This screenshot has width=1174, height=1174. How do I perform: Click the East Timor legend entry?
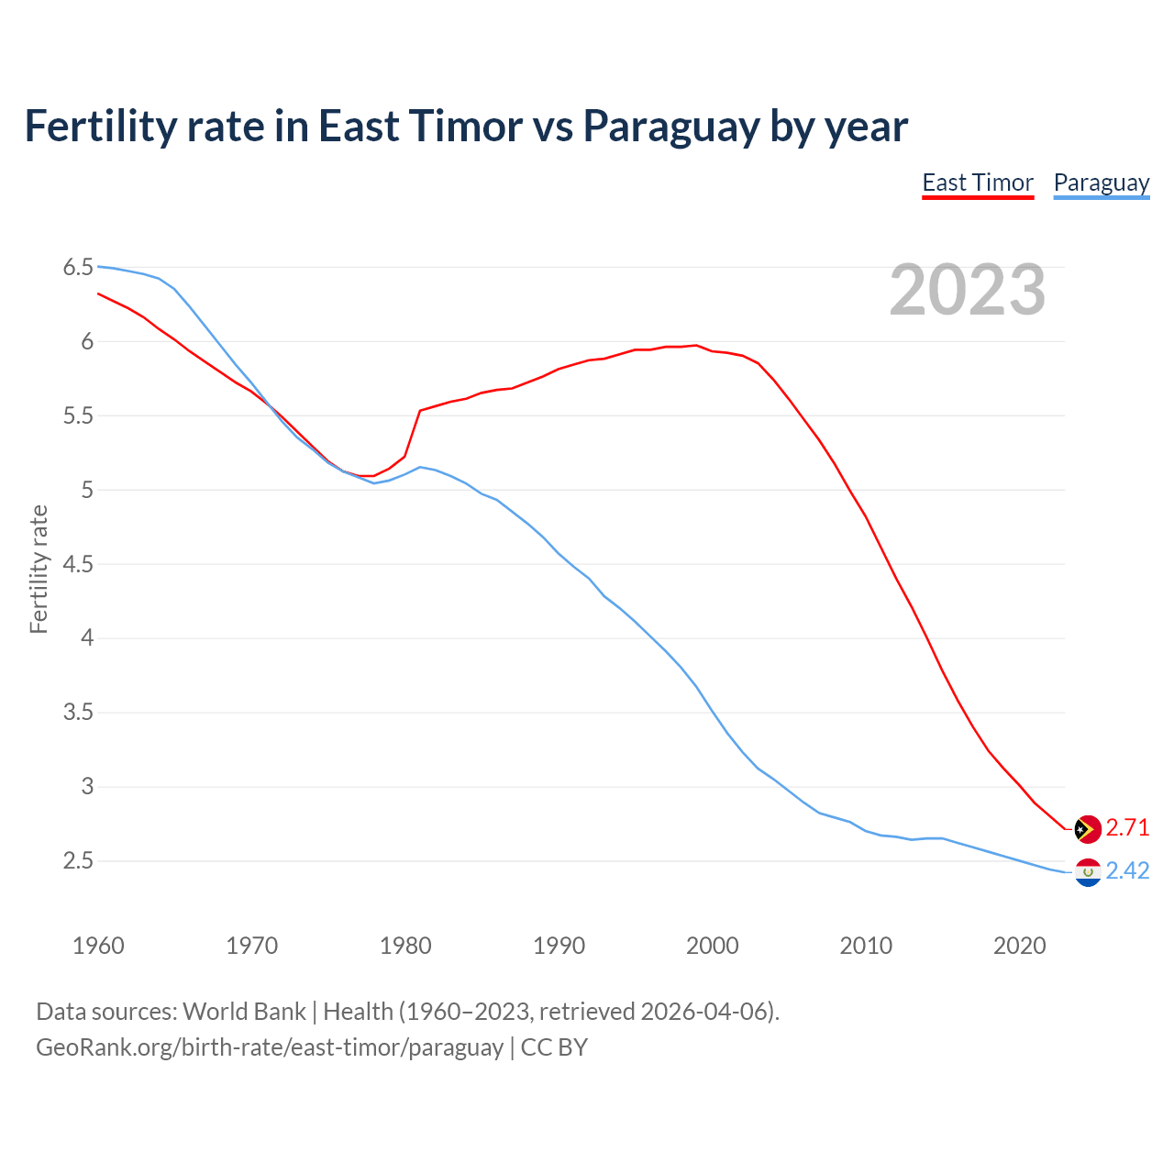[x=978, y=183]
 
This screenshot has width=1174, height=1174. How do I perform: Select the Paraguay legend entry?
[x=1101, y=183]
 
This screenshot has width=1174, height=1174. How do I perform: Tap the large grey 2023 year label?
[x=967, y=290]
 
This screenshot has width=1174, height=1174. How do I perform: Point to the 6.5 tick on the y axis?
[x=78, y=268]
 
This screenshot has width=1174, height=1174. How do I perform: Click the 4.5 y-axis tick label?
[x=78, y=564]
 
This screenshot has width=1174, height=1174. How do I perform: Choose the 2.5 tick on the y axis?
[x=78, y=860]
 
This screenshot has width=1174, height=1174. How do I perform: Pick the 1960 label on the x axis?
[x=98, y=946]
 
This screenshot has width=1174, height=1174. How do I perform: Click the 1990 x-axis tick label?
[x=559, y=946]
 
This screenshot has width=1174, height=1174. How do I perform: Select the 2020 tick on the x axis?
[x=1019, y=946]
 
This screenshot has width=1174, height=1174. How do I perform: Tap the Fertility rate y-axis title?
[x=39, y=569]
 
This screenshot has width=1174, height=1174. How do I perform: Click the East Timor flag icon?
[x=1087, y=828]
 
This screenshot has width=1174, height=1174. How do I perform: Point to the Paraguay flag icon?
[x=1087, y=871]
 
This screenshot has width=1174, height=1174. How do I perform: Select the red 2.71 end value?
[x=1127, y=827]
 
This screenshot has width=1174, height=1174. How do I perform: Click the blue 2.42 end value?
[x=1127, y=870]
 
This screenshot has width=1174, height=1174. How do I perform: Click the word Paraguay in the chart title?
[x=671, y=127]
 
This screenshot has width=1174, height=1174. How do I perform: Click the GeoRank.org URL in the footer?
[x=270, y=1047]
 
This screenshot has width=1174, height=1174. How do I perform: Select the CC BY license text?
[x=554, y=1047]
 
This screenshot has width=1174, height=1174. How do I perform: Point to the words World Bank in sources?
[x=244, y=1012]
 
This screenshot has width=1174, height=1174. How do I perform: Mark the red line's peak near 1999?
[x=696, y=346]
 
